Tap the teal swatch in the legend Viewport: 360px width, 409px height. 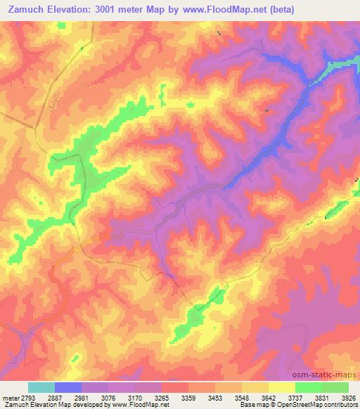click(x=41, y=387)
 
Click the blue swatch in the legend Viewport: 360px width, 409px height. click(x=68, y=387)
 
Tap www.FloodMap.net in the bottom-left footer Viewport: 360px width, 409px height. click(x=141, y=404)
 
